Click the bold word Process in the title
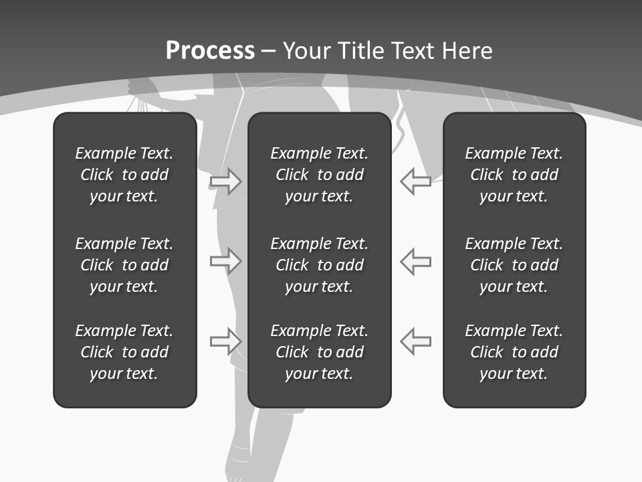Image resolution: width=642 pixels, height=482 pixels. (x=210, y=51)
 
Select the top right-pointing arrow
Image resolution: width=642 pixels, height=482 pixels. (x=226, y=181)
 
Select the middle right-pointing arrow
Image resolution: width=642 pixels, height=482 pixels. (x=226, y=261)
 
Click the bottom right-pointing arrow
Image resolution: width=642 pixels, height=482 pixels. (x=226, y=341)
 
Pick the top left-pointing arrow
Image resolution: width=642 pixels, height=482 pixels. (x=415, y=181)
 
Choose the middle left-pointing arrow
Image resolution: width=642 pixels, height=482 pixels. (x=415, y=261)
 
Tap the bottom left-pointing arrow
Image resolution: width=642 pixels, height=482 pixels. (x=415, y=341)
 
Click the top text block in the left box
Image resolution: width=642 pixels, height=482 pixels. (x=124, y=175)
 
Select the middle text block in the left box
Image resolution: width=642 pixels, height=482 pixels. (x=124, y=265)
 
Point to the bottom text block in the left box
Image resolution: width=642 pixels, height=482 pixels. (x=124, y=352)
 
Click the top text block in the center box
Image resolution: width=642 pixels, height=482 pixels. (x=319, y=175)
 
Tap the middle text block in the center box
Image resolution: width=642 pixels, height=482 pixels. (x=319, y=265)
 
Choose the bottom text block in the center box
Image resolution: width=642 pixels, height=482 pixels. (x=319, y=352)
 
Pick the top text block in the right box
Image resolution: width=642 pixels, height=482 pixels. (x=514, y=175)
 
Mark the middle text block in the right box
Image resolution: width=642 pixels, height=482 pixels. (x=514, y=265)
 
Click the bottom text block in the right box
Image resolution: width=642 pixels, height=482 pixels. (x=514, y=352)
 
